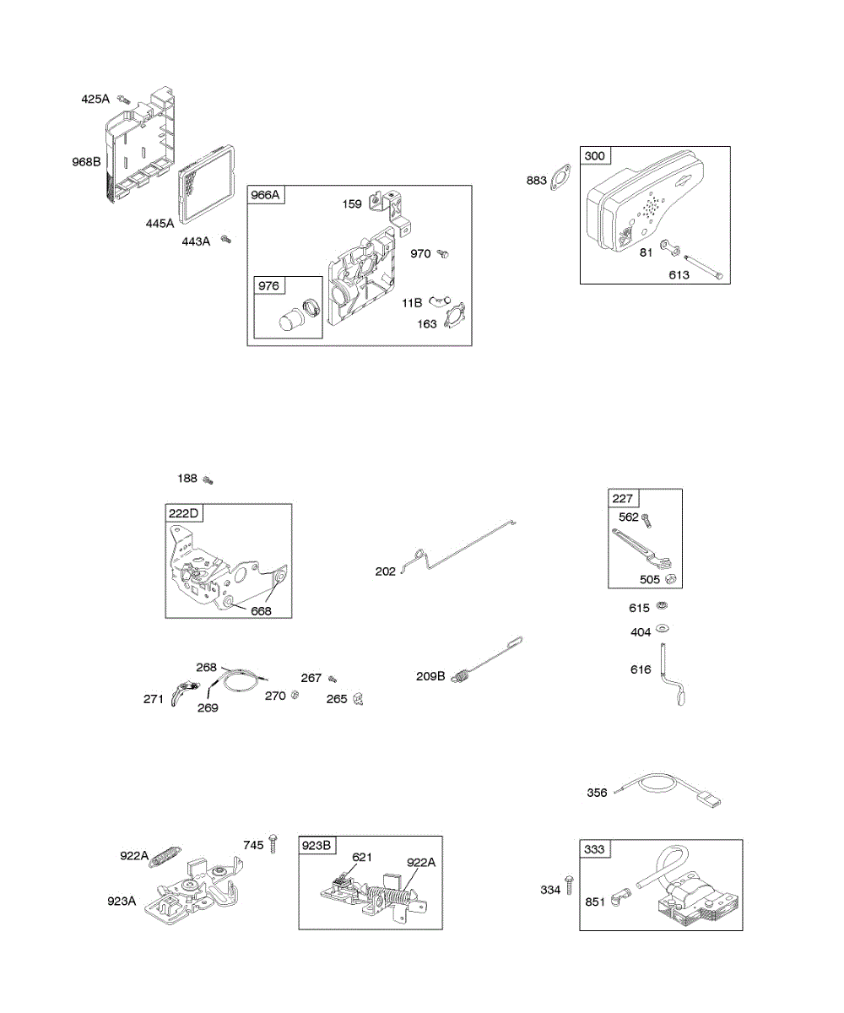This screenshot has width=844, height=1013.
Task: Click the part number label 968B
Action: click(86, 161)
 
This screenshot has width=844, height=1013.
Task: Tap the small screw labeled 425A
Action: click(124, 100)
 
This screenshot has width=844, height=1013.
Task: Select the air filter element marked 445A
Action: click(207, 185)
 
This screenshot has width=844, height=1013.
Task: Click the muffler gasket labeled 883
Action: click(560, 177)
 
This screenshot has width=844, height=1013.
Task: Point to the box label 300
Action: click(595, 155)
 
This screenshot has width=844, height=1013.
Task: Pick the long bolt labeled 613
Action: click(703, 267)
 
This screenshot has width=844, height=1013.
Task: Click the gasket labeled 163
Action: click(455, 316)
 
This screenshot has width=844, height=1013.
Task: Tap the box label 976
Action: click(268, 286)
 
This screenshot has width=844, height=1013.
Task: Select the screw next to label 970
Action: click(443, 253)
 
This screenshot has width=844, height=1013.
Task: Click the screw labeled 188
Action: click(208, 479)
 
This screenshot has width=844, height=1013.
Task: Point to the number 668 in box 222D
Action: click(261, 611)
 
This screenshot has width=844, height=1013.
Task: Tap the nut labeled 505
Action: click(670, 579)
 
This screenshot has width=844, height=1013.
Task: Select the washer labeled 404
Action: click(662, 629)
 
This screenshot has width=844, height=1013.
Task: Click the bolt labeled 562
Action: click(647, 520)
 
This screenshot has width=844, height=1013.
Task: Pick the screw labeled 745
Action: click(273, 844)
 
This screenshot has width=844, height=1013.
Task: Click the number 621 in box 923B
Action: click(362, 858)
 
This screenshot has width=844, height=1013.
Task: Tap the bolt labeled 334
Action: click(569, 885)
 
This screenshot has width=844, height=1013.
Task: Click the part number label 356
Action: click(597, 793)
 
